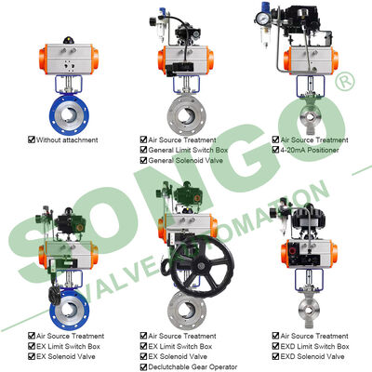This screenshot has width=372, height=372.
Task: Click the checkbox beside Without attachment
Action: tap(32, 139)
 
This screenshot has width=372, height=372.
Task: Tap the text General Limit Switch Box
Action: tap(188, 150)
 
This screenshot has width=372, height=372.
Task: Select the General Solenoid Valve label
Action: tap(185, 160)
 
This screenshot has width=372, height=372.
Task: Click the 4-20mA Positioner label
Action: tap(310, 150)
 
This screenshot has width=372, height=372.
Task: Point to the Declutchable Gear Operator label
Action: tap(193, 367)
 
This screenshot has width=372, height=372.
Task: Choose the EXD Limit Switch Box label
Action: tap(314, 346)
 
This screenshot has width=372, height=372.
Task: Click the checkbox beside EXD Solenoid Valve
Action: tap(275, 356)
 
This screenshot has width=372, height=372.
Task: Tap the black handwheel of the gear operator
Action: tap(202, 266)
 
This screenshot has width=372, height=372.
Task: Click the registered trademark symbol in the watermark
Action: tap(344, 81)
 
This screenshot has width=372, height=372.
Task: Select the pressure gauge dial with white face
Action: tap(262, 19)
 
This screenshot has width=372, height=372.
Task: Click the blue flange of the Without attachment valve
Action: tap(69, 114)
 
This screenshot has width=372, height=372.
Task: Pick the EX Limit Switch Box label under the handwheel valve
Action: tap(180, 346)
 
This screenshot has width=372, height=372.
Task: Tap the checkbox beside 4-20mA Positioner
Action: tap(275, 150)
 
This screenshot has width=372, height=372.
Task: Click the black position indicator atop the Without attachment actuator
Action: tap(69, 40)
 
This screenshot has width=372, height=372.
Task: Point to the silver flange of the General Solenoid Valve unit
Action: tap(187, 114)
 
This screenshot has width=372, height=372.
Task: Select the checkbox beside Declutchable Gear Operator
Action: tap(143, 367)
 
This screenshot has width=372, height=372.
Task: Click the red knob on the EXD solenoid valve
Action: tap(292, 250)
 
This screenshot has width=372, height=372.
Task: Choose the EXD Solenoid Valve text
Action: tap(312, 356)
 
